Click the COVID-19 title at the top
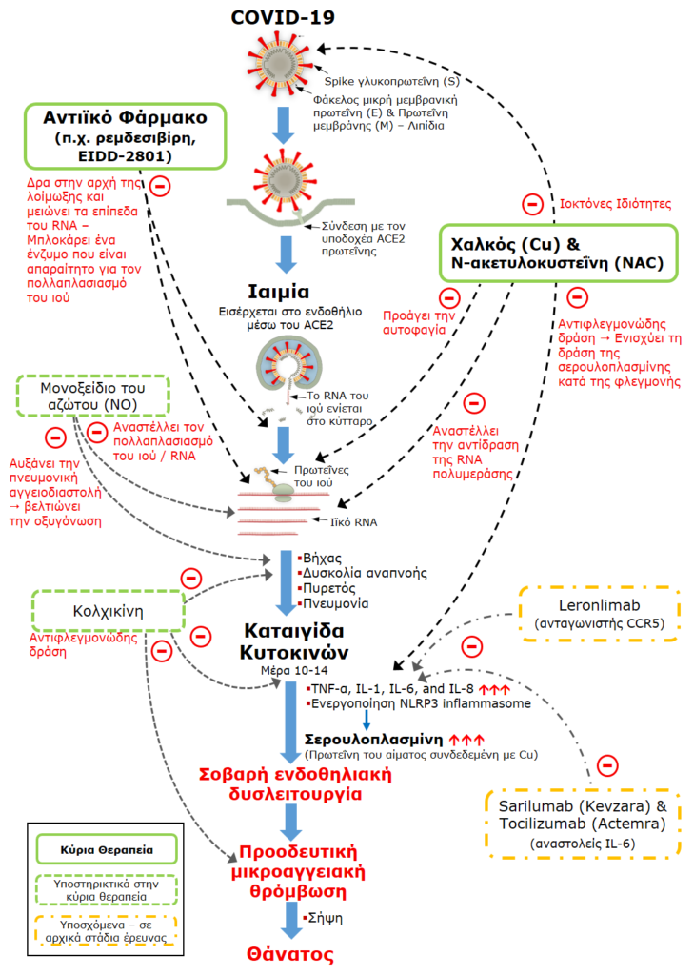pos(284,16)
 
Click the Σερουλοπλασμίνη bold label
pos(373,739)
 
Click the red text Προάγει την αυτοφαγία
pos(414,319)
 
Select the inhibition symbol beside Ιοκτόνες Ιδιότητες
pos(532,202)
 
